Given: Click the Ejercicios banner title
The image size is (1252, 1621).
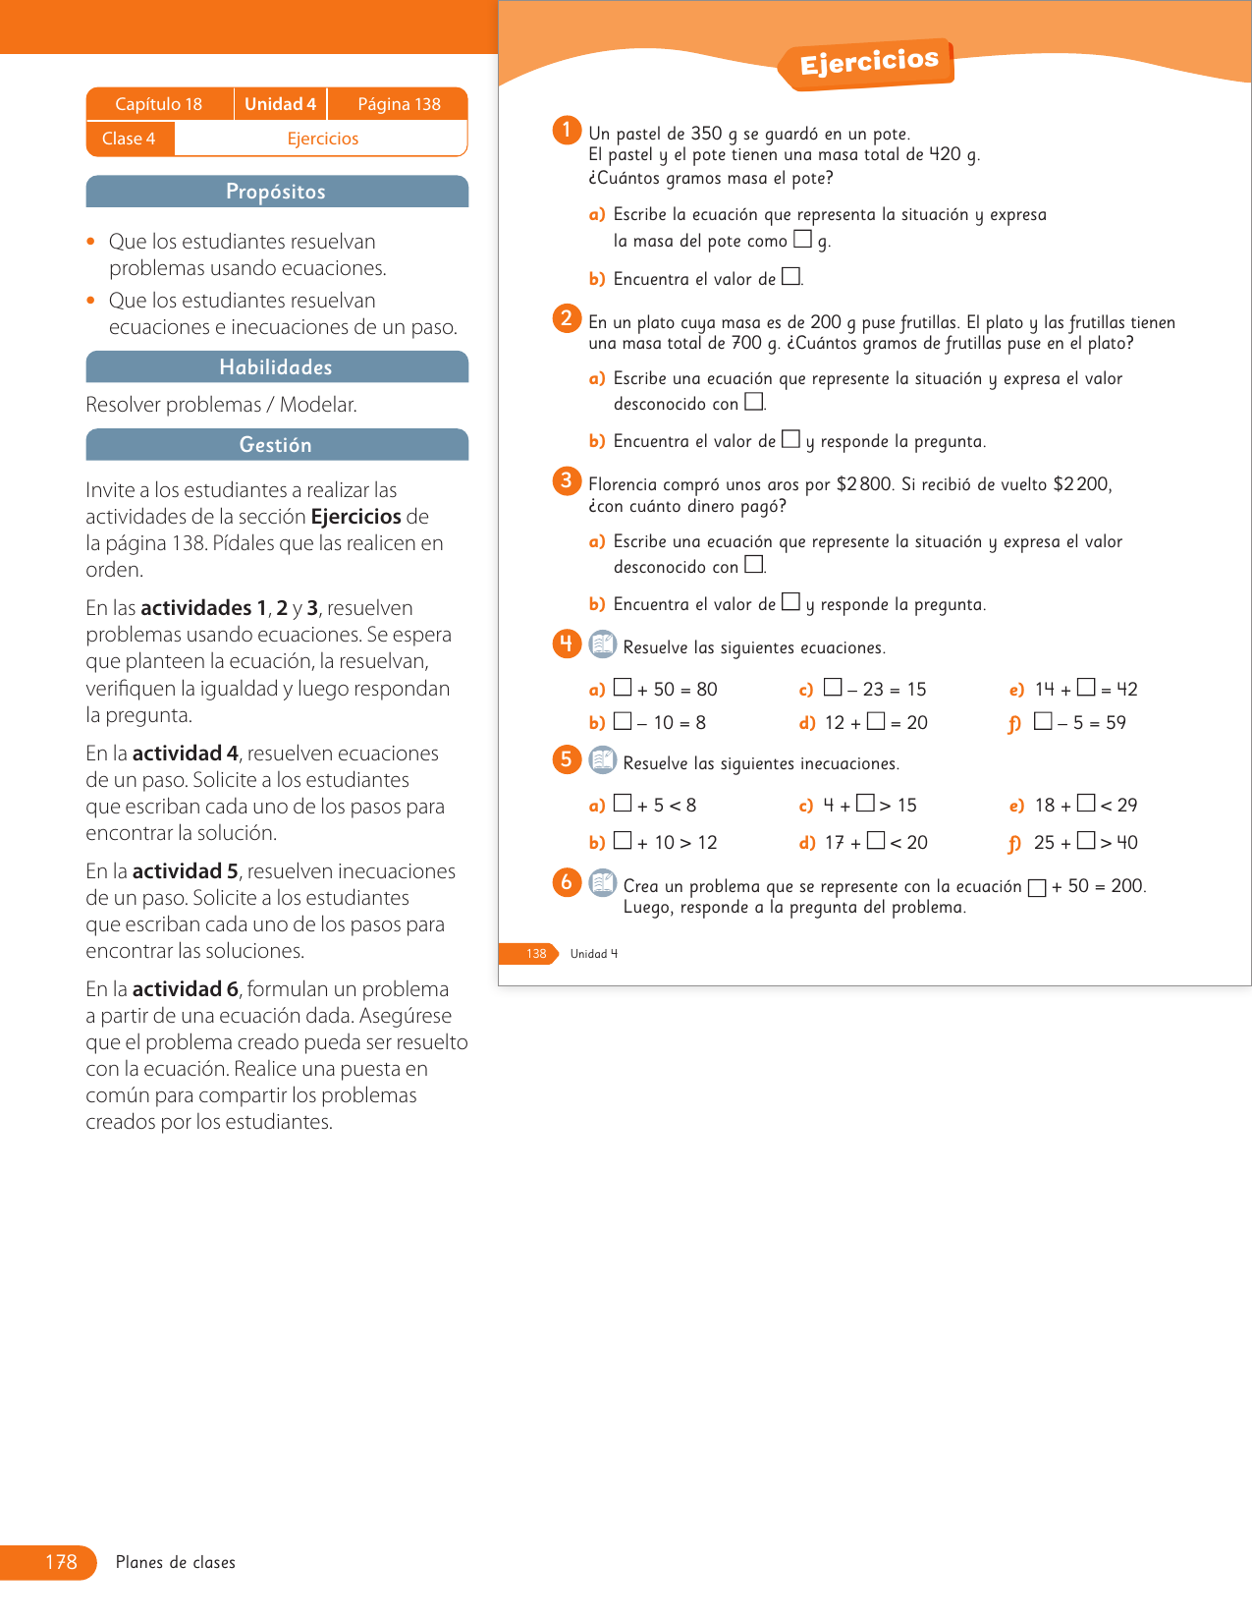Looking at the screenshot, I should click(x=868, y=63).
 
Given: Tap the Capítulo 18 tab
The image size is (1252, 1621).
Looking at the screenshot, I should click(x=158, y=104).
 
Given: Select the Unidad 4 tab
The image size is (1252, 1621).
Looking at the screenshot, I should click(x=280, y=104).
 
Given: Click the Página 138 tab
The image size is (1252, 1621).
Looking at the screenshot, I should click(x=399, y=104).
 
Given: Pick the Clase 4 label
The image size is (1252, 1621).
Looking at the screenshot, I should click(x=129, y=139).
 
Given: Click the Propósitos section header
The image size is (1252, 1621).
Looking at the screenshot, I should click(x=276, y=192).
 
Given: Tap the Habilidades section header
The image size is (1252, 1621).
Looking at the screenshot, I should click(x=276, y=367).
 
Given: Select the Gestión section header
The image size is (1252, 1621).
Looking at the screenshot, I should click(x=276, y=445).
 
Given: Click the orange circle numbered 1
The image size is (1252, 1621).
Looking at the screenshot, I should click(x=567, y=130).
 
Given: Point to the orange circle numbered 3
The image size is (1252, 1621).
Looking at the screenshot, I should click(x=567, y=480).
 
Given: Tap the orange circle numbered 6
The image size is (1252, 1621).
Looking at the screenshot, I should click(x=567, y=882).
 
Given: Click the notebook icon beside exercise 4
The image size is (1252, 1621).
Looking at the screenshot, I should click(x=602, y=644).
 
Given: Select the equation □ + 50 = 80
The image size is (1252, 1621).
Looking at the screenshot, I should click(x=665, y=690).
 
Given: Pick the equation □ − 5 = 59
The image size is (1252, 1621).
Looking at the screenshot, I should click(x=1079, y=723).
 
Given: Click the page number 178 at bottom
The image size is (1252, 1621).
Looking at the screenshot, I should click(x=61, y=1562).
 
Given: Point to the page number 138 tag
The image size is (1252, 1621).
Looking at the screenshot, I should click(x=535, y=954).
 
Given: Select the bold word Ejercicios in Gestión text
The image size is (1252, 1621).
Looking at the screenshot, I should click(x=355, y=517).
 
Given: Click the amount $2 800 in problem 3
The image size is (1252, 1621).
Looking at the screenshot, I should click(x=864, y=484).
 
